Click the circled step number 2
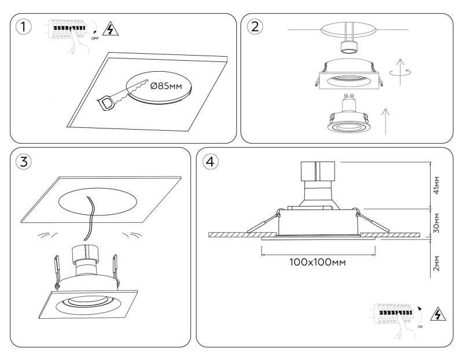click(x=255, y=27)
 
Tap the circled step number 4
click(x=211, y=161)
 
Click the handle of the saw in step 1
click(x=108, y=104)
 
